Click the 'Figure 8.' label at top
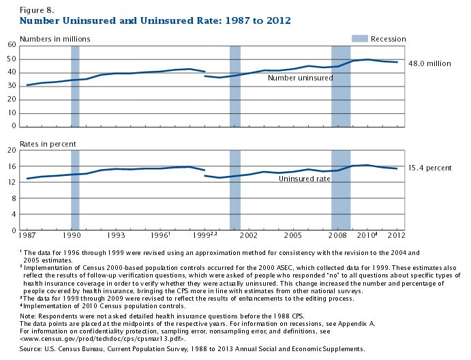pos(35,10)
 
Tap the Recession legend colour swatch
pos(361,39)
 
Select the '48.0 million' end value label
pos(430,63)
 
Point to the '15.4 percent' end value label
pos(430,167)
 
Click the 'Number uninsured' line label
pos(300,78)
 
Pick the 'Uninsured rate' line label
pos(305,179)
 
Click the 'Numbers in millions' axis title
pos(55,39)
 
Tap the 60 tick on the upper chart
pos(12,45)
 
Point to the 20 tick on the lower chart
pos(12,150)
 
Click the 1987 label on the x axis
pos(28,235)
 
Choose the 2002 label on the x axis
pos(249,235)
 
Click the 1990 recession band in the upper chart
pos(75,85)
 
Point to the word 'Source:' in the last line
pos(34,348)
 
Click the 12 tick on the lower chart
pos(12,182)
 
